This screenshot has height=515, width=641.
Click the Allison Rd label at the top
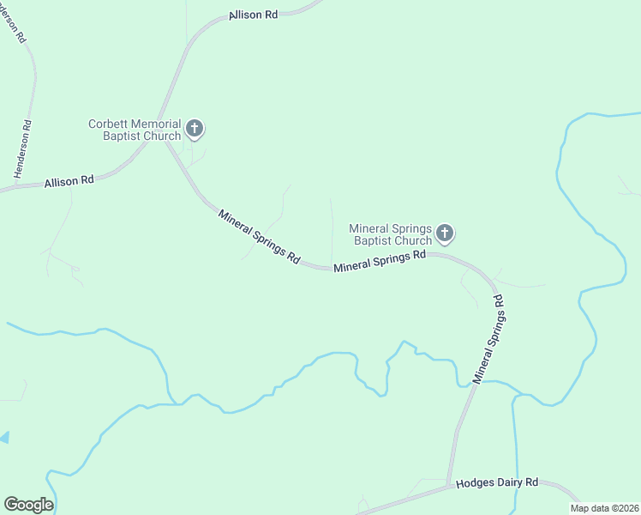tap(254, 16)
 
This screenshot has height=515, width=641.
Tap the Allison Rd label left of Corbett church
tap(69, 181)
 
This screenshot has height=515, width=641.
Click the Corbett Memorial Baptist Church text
tap(135, 130)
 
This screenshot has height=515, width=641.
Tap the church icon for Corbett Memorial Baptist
tap(195, 130)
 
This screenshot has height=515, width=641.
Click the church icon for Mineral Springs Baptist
tap(445, 233)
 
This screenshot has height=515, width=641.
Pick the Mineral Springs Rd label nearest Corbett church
tap(259, 236)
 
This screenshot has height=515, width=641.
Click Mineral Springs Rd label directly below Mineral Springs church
tap(380, 261)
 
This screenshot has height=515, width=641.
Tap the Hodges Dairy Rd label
tap(496, 483)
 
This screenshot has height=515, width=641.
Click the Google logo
tap(28, 505)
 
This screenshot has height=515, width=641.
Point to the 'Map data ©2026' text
tap(605, 508)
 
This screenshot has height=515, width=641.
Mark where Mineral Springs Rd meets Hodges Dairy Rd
tap(448, 486)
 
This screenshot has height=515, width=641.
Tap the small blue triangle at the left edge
tap(3, 438)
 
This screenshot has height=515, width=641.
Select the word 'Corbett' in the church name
tap(108, 124)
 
